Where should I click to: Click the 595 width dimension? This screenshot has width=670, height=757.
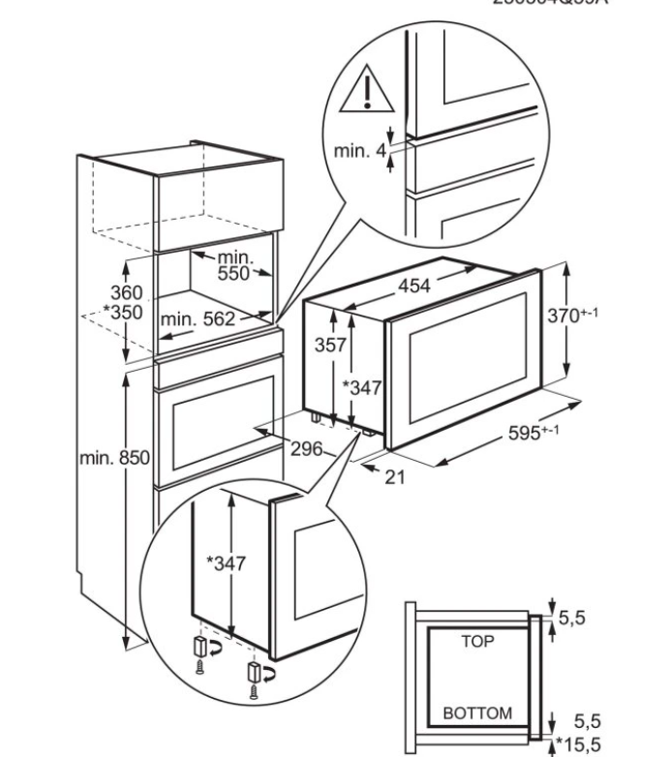pyautogui.click(x=533, y=433)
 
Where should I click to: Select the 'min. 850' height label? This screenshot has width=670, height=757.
pyautogui.click(x=112, y=458)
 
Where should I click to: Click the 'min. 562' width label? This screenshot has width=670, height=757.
pyautogui.click(x=197, y=318)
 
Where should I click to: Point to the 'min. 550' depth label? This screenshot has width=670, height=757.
pyautogui.click(x=234, y=265)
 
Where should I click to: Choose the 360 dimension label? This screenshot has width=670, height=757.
pyautogui.click(x=126, y=292)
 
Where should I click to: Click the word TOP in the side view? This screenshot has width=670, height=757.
pyautogui.click(x=478, y=640)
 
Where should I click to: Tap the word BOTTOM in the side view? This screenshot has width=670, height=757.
pyautogui.click(x=477, y=712)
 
